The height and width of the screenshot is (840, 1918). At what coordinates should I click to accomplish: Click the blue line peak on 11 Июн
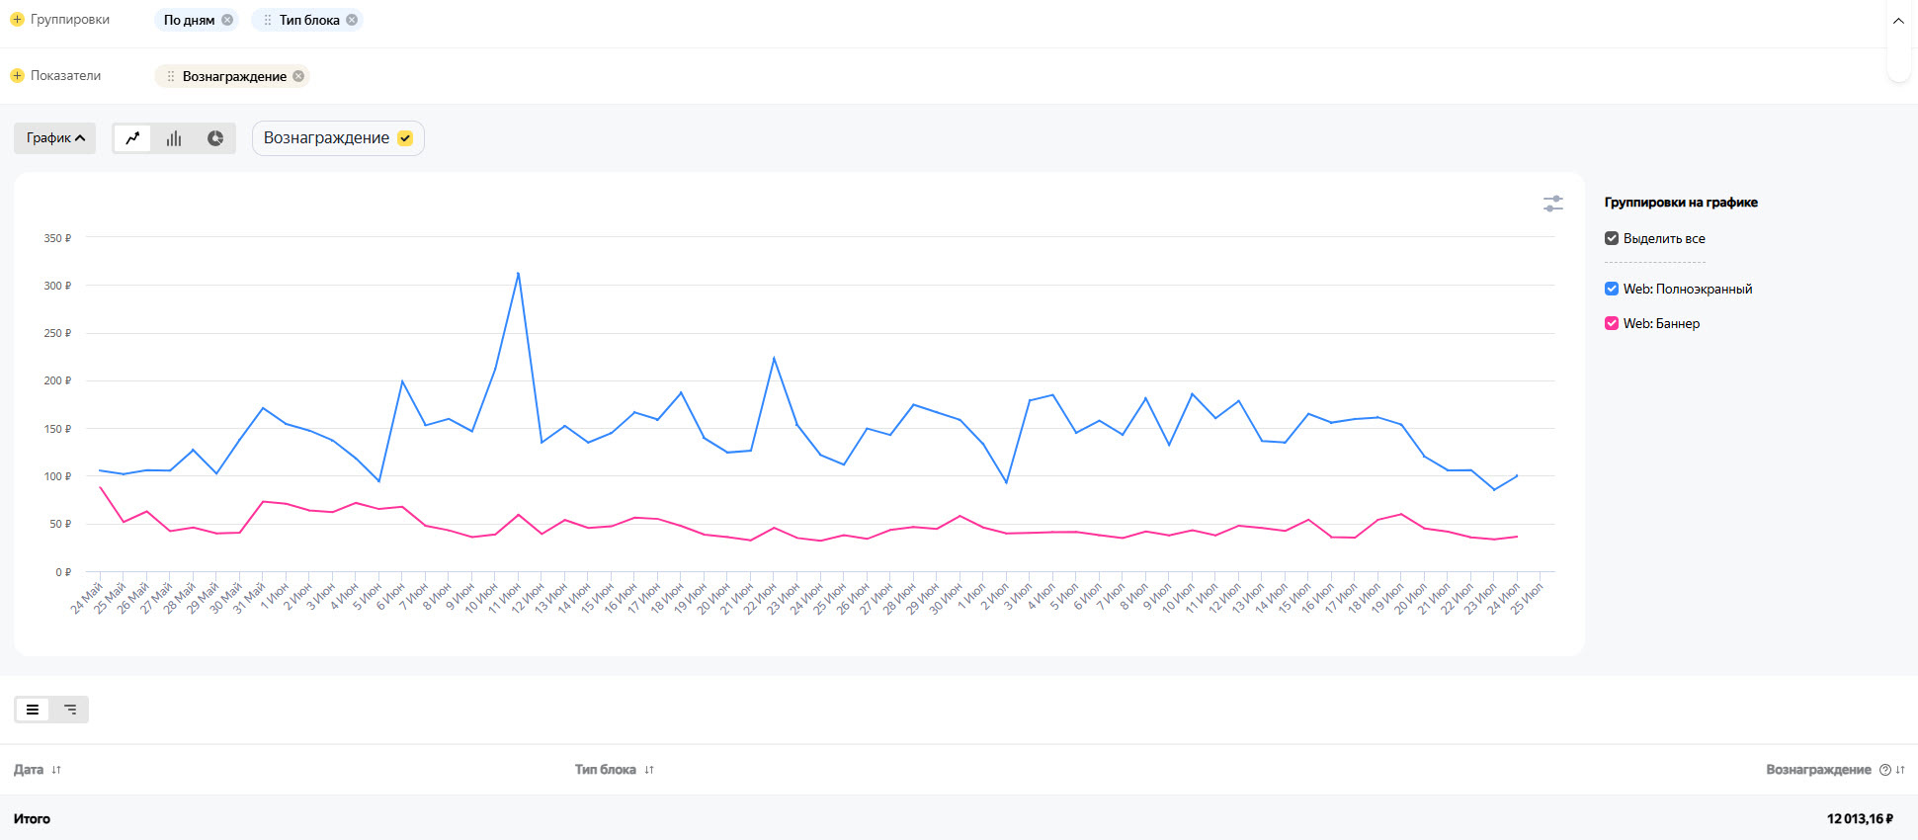[519, 274]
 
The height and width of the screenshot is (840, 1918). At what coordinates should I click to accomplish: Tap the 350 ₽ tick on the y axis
[57, 238]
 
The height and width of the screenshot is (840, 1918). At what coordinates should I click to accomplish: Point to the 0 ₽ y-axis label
[62, 572]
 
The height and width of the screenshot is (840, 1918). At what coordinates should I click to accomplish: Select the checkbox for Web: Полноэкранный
[1612, 289]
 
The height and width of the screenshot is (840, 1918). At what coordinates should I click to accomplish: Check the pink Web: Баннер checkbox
[1612, 323]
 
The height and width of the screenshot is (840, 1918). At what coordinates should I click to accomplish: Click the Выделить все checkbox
[1612, 238]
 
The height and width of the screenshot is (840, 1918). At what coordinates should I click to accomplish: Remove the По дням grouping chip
[227, 20]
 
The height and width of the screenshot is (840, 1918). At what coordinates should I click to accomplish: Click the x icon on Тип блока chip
[352, 20]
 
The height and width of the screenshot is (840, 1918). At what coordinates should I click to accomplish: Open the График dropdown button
[55, 138]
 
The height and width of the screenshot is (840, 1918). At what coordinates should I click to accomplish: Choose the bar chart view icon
[174, 138]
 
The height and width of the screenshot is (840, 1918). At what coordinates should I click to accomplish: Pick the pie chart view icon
[215, 138]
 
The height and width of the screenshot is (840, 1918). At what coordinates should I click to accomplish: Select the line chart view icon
[132, 138]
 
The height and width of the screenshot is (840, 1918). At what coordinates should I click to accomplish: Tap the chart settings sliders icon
[1553, 204]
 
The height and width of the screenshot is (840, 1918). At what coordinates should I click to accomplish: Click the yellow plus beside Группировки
[17, 20]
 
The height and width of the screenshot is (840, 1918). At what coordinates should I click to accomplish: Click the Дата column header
[30, 770]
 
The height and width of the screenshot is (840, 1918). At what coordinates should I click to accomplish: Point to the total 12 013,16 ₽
[1860, 819]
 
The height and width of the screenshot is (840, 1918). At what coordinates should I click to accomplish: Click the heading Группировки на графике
[1681, 203]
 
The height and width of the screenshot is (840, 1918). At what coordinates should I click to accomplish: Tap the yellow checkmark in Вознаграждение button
[404, 138]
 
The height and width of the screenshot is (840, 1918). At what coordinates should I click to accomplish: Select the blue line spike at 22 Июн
[774, 358]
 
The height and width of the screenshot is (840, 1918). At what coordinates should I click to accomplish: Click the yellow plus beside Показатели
[17, 76]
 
